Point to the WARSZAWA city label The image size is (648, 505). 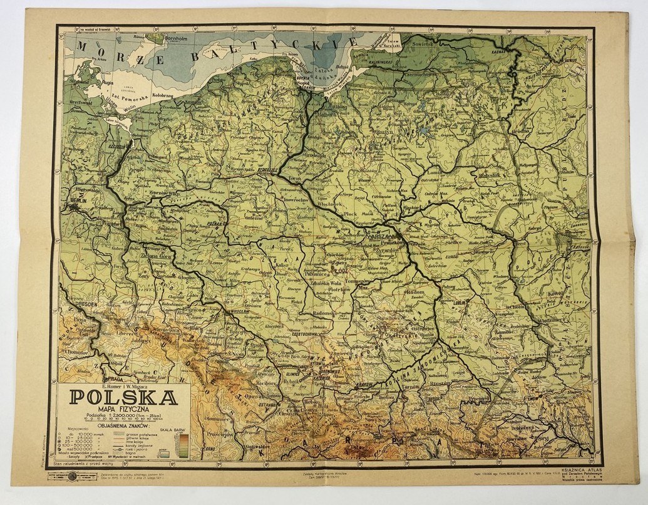(x=381, y=238)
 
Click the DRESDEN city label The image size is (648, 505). (x=80, y=308)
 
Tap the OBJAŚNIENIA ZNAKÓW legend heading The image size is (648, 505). (x=122, y=425)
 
